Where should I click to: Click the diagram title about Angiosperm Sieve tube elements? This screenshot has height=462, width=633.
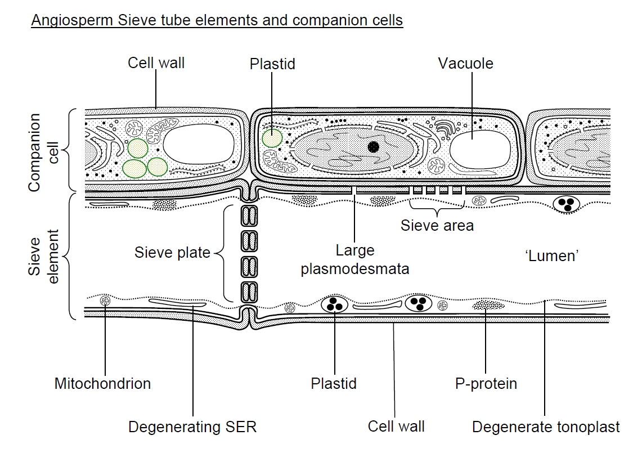pos(217,21)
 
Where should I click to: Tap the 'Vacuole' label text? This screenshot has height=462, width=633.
pos(465,64)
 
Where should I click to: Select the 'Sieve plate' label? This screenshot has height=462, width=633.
pos(172,252)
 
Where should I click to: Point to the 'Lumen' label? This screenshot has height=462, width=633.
pos(551,255)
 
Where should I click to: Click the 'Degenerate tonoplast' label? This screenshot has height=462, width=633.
pos(546,427)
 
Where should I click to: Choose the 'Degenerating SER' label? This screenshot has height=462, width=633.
pos(192,427)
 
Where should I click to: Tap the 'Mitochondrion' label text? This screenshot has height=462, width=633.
pos(102,384)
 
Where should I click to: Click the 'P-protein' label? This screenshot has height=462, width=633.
pos(486,384)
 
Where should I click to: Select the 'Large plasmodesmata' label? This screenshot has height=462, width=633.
pos(354,259)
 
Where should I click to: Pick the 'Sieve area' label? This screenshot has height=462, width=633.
pos(437,226)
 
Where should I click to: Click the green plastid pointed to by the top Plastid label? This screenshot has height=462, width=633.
pos(272,138)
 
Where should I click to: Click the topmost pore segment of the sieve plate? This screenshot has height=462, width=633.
pos(248,216)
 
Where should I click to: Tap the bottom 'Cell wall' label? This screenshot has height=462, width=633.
pos(396,427)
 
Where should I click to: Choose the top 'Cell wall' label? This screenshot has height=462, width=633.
pos(156,62)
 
